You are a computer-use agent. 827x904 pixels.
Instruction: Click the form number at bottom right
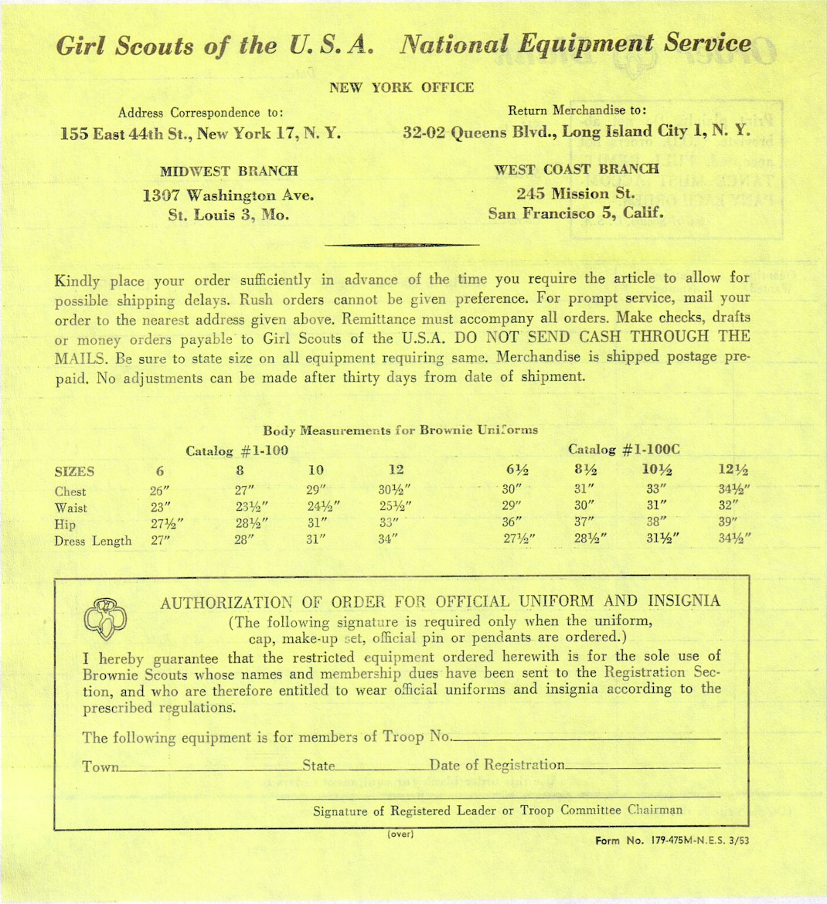pyautogui.click(x=672, y=841)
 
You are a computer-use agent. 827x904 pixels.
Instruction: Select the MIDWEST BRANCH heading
pyautogui.click(x=229, y=171)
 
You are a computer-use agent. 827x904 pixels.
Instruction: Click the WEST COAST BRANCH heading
pyautogui.click(x=576, y=168)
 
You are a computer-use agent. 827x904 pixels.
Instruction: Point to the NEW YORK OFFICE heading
pyautogui.click(x=401, y=87)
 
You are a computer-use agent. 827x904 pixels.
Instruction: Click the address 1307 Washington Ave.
pyautogui.click(x=229, y=195)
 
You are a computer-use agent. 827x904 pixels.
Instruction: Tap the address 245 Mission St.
pyautogui.click(x=576, y=193)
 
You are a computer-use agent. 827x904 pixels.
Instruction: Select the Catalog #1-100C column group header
pyautogui.click(x=624, y=449)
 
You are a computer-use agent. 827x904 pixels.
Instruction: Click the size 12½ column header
pyautogui.click(x=733, y=471)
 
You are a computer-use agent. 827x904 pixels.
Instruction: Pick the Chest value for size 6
pyautogui.click(x=160, y=491)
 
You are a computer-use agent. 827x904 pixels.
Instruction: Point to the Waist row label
pyautogui.click(x=71, y=508)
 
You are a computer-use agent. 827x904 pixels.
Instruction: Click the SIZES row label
pyautogui.click(x=74, y=471)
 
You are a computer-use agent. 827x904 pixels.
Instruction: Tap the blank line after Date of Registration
pyautogui.click(x=642, y=767)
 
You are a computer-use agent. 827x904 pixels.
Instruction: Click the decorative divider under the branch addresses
pyautogui.click(x=402, y=245)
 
